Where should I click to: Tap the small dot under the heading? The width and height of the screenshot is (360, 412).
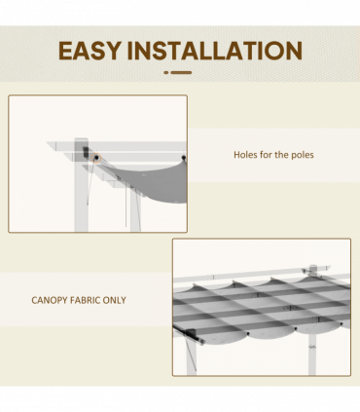pyautogui.click(x=166, y=72)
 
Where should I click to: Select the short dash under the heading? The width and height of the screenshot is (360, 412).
pyautogui.click(x=181, y=72)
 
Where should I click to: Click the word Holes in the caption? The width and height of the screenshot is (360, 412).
pyautogui.click(x=246, y=155)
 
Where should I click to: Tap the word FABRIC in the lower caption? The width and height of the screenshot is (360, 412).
pyautogui.click(x=93, y=300)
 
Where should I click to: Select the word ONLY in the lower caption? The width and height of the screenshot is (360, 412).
pyautogui.click(x=125, y=300)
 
